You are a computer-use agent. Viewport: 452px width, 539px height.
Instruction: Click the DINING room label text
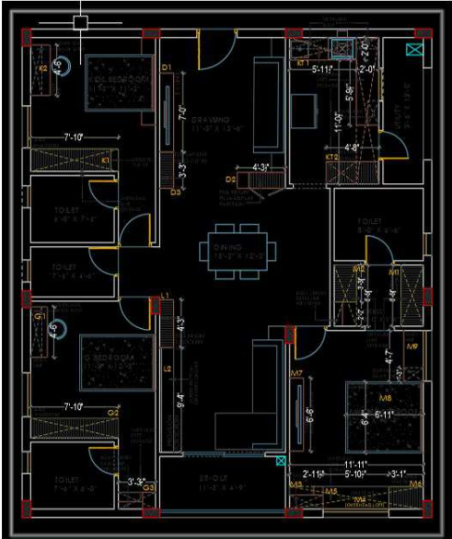click(x=226, y=247)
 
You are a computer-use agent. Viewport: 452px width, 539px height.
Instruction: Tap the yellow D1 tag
click(x=168, y=68)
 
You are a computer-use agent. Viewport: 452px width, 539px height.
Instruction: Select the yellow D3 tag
click(x=175, y=193)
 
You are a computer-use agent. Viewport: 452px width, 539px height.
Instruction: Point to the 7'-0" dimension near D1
click(x=181, y=118)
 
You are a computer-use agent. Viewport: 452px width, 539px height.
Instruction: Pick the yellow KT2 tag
click(x=332, y=158)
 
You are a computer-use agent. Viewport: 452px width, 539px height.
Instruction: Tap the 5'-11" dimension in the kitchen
click(x=321, y=68)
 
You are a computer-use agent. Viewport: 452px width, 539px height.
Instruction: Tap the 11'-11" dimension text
click(x=356, y=464)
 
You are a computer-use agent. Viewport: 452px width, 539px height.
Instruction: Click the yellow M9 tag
click(x=413, y=347)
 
